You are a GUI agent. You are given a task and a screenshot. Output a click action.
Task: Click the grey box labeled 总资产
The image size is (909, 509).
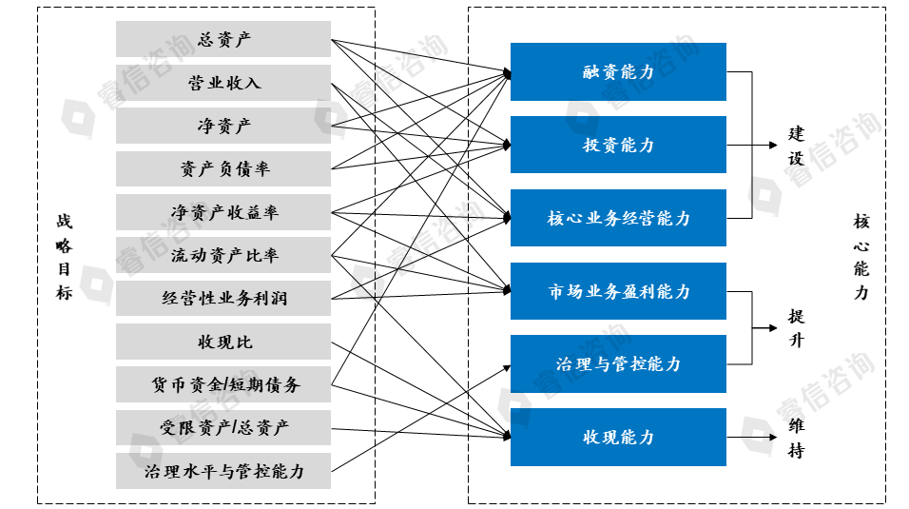coord(223,39)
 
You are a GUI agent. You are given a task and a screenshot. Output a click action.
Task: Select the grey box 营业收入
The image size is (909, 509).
coord(223,83)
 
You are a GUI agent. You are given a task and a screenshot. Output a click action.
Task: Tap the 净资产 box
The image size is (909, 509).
coord(223,126)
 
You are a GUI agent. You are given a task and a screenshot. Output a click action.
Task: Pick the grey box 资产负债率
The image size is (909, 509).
coord(223,168)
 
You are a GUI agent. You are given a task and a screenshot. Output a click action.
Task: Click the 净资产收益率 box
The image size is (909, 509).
coord(223,212)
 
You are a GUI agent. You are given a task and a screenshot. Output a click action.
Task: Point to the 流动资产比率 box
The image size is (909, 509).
coord(223,255)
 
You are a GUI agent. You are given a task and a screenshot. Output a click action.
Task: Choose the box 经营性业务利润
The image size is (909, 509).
coord(223,298)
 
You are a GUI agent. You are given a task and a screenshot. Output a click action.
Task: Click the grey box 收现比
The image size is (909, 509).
coord(223,342)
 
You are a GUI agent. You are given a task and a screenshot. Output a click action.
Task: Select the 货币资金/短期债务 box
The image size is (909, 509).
coord(223,384)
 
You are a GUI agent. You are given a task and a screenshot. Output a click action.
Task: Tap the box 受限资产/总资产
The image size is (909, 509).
coord(223,427)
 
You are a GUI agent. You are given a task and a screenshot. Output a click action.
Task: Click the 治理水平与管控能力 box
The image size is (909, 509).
coord(223,471)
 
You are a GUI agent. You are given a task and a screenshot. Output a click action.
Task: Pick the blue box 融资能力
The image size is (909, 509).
coord(618,71)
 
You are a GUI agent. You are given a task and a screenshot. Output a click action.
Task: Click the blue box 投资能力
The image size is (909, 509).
coord(618,145)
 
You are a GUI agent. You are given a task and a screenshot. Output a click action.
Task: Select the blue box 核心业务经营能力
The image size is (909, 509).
coord(618,218)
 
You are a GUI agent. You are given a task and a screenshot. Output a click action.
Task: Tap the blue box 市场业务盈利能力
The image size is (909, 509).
coord(618,291)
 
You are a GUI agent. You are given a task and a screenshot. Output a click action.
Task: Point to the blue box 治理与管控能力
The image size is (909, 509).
coord(618,363)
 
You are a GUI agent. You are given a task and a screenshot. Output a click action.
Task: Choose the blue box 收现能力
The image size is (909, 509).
coord(618,437)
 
